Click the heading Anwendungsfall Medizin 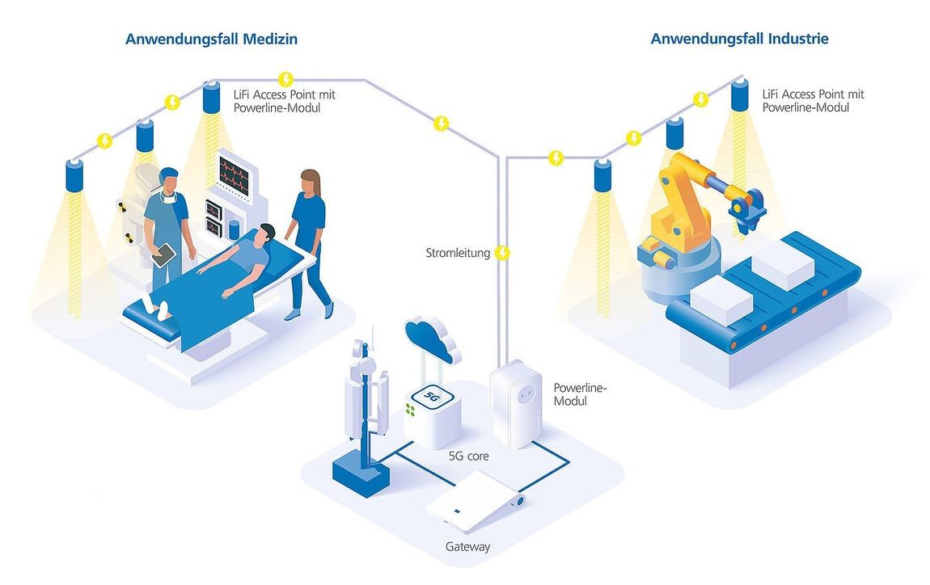[211, 39]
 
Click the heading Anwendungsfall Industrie [739, 39]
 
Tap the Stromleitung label [458, 253]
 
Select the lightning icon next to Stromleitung [501, 254]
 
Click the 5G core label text [468, 457]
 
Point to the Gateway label [468, 546]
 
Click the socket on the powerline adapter [524, 395]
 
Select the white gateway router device [476, 501]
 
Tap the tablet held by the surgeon [163, 255]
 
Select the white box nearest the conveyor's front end [722, 300]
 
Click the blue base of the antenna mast [361, 473]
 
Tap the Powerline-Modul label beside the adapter [580, 394]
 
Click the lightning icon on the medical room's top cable [286, 79]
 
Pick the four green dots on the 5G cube [410, 409]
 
